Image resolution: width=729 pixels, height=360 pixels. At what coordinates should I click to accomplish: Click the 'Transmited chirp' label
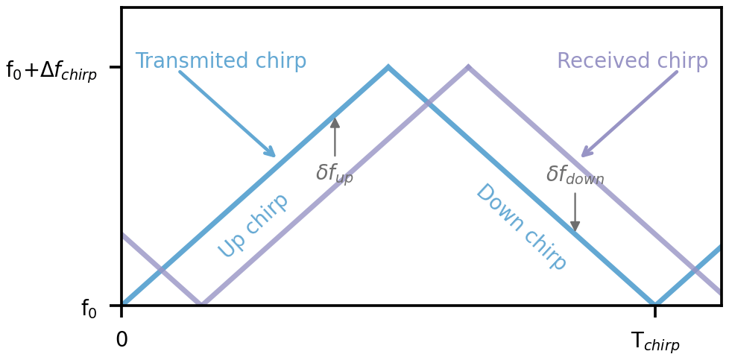pos(221,61)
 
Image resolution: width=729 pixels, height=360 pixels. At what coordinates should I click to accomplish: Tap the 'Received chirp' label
pos(632,61)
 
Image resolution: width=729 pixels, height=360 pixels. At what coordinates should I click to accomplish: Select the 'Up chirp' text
pos(253,225)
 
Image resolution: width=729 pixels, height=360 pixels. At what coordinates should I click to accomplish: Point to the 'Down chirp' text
pos(521,227)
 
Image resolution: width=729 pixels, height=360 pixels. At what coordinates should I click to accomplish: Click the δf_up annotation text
pos(335,174)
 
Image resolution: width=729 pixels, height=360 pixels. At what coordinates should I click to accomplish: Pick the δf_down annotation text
pos(575,175)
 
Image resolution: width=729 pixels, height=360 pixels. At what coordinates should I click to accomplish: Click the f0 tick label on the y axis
pos(89,309)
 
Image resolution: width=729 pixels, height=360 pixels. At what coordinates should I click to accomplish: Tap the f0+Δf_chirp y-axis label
pos(51,71)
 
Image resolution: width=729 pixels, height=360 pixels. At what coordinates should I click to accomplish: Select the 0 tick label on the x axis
pos(121,340)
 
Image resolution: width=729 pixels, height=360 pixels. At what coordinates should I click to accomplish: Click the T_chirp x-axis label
pos(655,341)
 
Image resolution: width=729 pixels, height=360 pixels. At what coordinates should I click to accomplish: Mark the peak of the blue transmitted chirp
pos(388,67)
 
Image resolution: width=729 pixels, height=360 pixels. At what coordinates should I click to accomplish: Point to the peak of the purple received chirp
pos(468,67)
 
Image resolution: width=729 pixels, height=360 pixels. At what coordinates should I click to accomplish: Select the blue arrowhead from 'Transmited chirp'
pos(273,155)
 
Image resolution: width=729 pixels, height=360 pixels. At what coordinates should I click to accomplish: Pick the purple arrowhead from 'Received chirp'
pos(583,155)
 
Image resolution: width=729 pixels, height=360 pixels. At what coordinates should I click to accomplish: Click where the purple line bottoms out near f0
pos(201,305)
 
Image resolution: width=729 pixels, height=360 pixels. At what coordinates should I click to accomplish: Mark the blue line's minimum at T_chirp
pos(655,305)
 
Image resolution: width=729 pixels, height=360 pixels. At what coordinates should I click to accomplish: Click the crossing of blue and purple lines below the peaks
pos(428,103)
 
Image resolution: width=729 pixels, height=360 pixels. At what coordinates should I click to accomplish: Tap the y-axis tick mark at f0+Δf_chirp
pos(116,67)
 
